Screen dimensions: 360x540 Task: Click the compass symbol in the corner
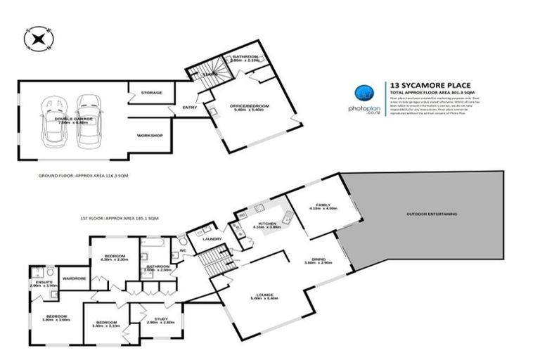33,38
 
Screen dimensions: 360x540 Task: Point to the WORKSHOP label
150,135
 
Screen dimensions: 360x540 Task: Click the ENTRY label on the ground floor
189,107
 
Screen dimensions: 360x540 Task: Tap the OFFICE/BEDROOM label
250,105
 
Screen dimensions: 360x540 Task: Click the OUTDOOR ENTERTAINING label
431,212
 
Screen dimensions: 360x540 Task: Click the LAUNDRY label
212,239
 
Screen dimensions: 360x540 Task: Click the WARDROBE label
74,279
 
